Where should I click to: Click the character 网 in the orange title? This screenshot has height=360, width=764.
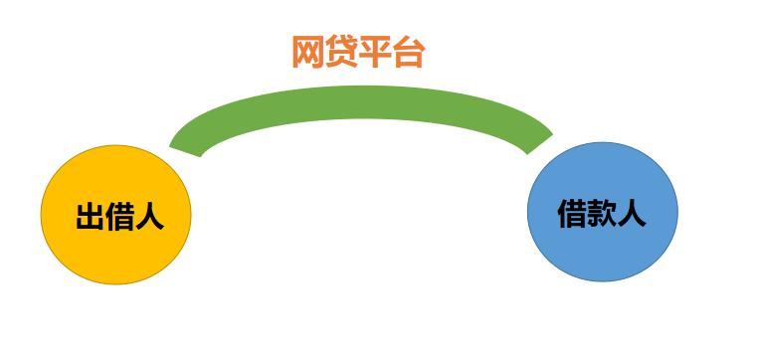307,52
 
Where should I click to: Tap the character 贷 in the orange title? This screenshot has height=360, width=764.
341,52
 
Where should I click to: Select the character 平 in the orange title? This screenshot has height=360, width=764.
375,52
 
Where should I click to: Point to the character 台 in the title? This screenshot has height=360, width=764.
409,52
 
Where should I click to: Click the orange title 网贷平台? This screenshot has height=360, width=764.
358,52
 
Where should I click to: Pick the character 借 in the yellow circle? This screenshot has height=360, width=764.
119,217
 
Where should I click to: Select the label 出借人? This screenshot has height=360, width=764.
119,217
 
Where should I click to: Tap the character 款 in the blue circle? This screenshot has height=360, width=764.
602,214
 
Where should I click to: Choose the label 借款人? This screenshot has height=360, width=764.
602,214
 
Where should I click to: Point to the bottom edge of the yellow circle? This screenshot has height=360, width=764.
114,284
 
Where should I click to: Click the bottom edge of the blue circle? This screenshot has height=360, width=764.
602,282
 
